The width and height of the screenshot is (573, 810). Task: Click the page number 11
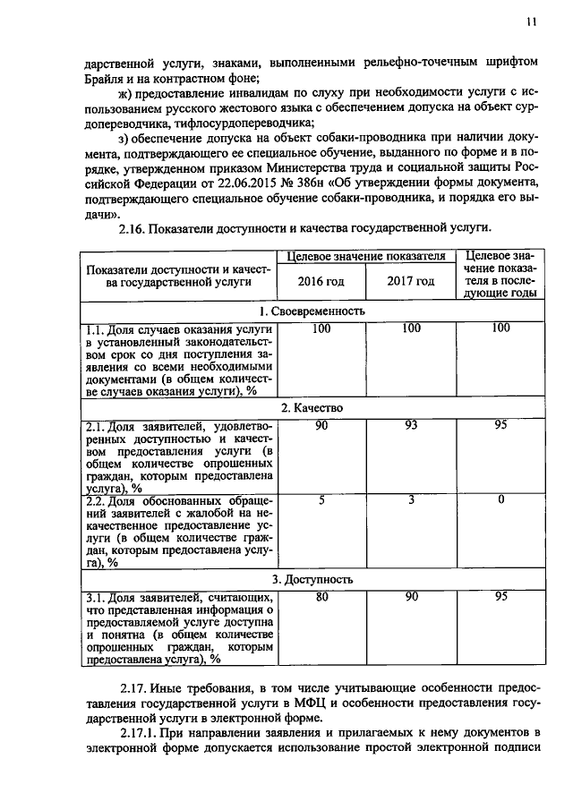pyautogui.click(x=531, y=24)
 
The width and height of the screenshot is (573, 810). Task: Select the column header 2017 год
pyautogui.click(x=411, y=281)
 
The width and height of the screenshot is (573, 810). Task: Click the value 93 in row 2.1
pyautogui.click(x=411, y=425)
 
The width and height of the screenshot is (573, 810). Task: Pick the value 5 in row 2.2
pyautogui.click(x=321, y=499)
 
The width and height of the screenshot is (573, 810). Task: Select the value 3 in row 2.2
pyautogui.click(x=411, y=499)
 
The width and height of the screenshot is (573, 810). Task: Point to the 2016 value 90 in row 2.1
pyautogui.click(x=321, y=425)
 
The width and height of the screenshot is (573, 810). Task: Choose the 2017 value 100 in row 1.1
pyautogui.click(x=411, y=328)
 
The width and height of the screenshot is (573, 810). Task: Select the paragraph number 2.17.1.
pyautogui.click(x=137, y=733)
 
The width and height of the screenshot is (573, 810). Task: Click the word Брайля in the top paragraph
pyautogui.click(x=102, y=78)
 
